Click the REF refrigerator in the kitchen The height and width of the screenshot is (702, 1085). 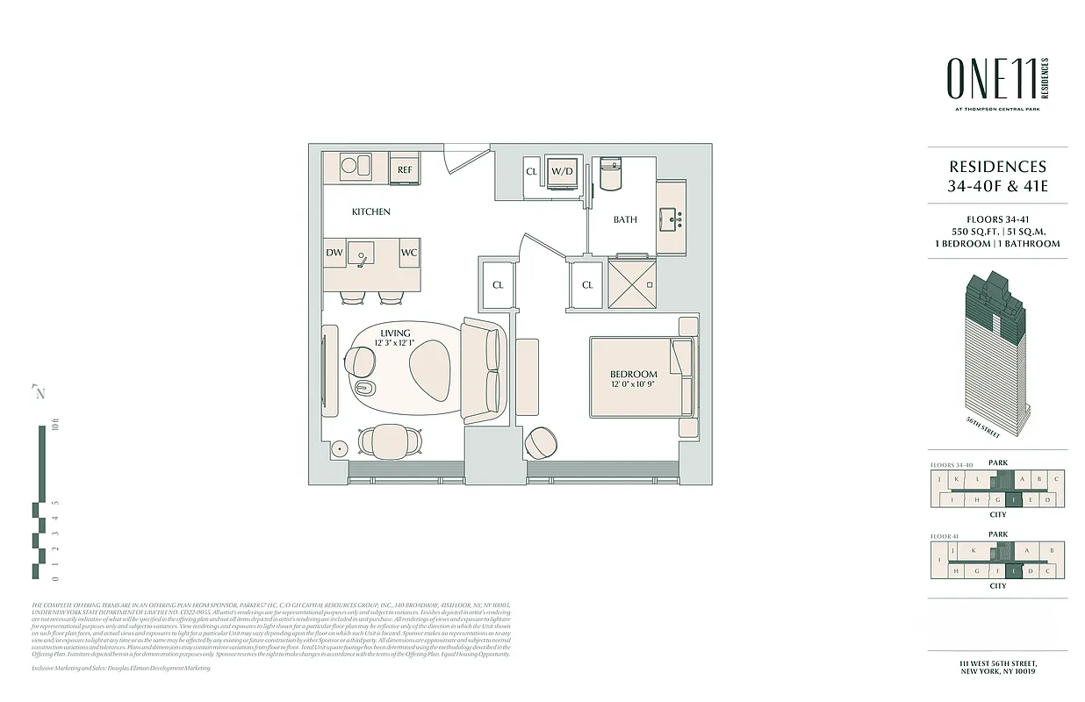(x=405, y=169)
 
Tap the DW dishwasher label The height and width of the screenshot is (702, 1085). (x=334, y=253)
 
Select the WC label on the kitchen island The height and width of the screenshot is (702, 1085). (x=408, y=253)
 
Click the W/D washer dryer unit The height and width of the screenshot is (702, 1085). (x=562, y=171)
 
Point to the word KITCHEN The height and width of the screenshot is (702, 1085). (x=371, y=211)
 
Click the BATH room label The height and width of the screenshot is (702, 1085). (x=625, y=219)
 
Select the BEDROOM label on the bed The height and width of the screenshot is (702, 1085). (x=634, y=375)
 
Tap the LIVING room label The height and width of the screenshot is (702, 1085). (x=395, y=333)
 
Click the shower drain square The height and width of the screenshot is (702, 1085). (x=650, y=284)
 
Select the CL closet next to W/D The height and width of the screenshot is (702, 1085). (x=531, y=172)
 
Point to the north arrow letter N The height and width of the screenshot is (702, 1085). (x=40, y=393)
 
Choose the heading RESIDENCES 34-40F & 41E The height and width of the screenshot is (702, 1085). (x=998, y=175)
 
